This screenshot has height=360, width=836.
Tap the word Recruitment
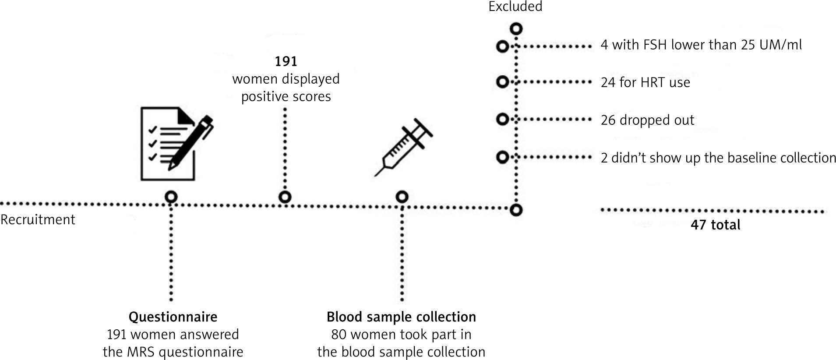click(x=38, y=219)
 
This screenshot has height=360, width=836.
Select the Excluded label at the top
click(x=515, y=7)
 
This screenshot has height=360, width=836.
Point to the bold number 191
click(x=286, y=61)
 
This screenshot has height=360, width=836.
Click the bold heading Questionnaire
click(x=173, y=317)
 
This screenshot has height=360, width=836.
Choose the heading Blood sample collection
click(x=401, y=317)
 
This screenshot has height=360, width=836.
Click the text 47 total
click(x=715, y=225)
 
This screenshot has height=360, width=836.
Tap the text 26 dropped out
click(x=647, y=120)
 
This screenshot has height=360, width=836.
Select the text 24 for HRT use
click(x=645, y=83)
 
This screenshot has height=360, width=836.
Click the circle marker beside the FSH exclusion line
click(x=503, y=46)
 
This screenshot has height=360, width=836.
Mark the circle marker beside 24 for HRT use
click(x=503, y=82)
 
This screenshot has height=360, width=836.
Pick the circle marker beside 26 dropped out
click(x=503, y=119)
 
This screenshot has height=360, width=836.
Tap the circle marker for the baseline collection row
click(x=503, y=157)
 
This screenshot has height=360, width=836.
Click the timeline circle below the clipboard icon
click(x=171, y=197)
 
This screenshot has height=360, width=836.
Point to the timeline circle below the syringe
click(x=402, y=197)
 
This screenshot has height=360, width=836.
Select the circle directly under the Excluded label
click(x=517, y=29)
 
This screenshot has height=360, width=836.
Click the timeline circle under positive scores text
click(x=286, y=197)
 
